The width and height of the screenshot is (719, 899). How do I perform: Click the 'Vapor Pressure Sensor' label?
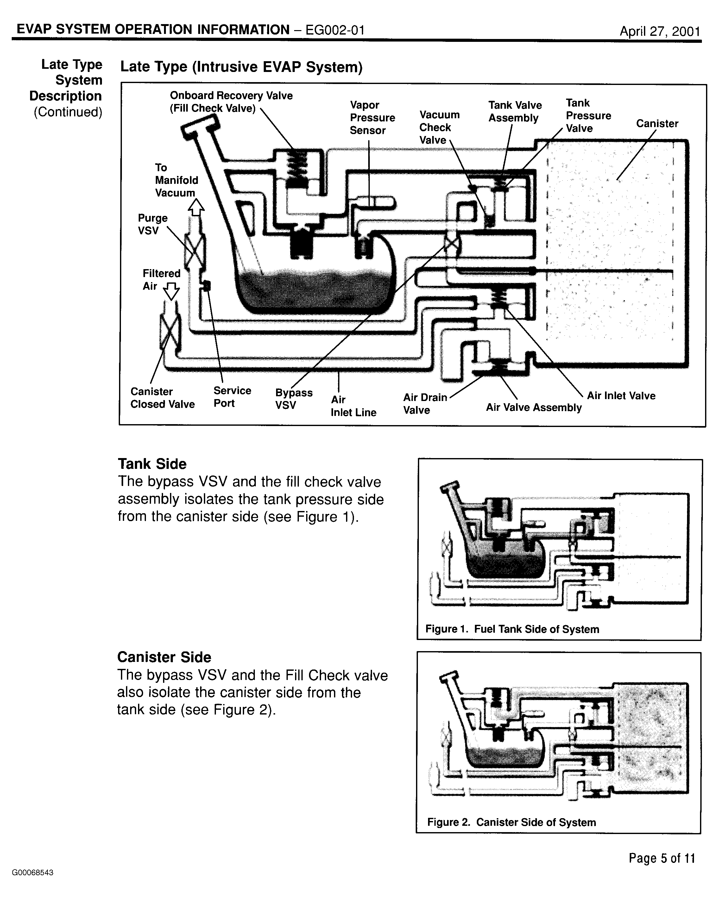coord(372,118)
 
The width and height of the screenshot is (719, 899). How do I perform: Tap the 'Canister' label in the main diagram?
coord(657,123)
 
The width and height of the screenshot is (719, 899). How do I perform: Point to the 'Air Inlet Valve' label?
coord(621,395)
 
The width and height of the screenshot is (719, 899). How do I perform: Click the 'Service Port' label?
coord(232,397)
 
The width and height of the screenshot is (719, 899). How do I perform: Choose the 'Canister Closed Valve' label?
coord(162,398)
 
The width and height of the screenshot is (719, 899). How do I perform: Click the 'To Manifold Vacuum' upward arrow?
coord(196,207)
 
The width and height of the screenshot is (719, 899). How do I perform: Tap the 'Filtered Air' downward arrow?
coord(171,291)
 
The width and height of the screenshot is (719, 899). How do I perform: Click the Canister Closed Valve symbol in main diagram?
coord(170,332)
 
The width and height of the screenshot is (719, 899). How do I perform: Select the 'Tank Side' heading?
coord(152,464)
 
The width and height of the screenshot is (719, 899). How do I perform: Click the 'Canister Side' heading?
coord(164,657)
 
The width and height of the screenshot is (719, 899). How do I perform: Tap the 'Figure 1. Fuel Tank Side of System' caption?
coord(512,629)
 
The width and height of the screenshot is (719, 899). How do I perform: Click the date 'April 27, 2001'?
coord(659,31)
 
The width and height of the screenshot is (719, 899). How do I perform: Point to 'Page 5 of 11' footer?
coord(661,858)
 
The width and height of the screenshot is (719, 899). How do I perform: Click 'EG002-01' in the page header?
coord(335,30)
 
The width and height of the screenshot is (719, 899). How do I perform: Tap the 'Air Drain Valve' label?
coord(425,403)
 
